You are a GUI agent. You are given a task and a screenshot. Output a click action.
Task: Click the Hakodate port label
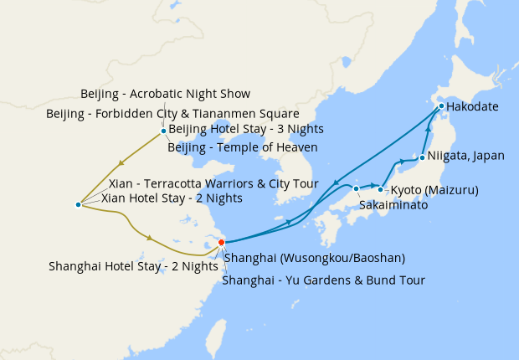[x=472, y=108]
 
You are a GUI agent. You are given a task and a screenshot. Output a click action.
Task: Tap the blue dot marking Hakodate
[x=441, y=107]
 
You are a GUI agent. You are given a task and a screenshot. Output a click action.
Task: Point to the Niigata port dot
[x=422, y=157]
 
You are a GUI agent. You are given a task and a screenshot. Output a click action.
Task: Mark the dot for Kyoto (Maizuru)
[x=380, y=189]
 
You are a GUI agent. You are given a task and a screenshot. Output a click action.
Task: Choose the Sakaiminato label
[x=393, y=204]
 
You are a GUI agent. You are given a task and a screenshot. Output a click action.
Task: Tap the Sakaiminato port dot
[x=357, y=188]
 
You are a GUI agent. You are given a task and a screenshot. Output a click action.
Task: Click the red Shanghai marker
[x=221, y=243]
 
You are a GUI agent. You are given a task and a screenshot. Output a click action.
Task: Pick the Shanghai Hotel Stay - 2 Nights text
[x=134, y=266]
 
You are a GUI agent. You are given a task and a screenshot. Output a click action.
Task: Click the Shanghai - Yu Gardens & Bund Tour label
[x=323, y=280]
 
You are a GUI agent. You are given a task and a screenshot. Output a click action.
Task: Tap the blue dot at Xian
[x=78, y=204]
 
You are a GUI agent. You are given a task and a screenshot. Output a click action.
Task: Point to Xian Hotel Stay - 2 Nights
[x=172, y=198]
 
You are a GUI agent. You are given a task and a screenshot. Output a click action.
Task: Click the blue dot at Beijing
[x=163, y=131]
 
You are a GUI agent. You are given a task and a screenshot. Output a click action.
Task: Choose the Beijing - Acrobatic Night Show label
[x=166, y=94]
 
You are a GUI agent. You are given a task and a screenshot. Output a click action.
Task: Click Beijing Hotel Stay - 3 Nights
[x=246, y=129]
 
